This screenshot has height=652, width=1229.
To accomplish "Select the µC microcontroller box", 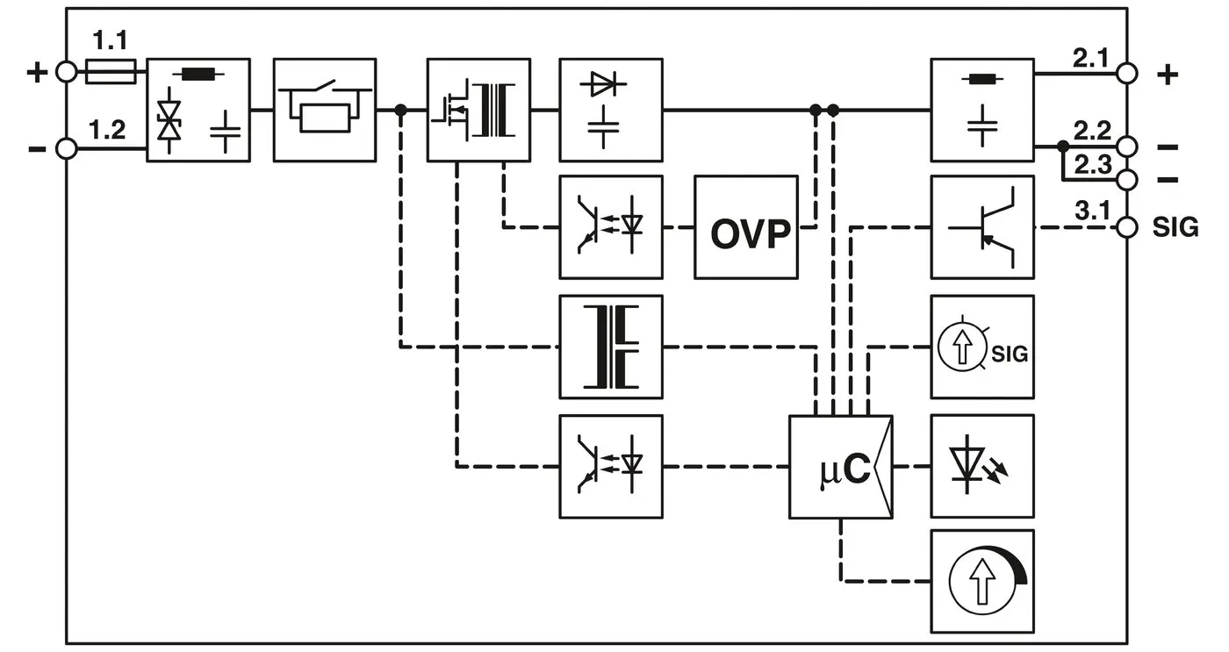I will click(x=840, y=467).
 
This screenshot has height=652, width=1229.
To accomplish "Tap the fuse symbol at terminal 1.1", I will click(x=111, y=72).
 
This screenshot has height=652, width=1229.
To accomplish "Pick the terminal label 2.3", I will click(x=1093, y=164).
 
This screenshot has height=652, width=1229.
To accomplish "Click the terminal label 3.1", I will click(x=1092, y=211).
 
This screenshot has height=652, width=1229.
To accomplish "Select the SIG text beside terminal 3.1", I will click(x=1175, y=227).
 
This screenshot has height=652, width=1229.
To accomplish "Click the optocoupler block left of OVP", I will click(x=611, y=227).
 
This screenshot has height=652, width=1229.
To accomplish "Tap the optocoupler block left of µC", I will click(x=611, y=467).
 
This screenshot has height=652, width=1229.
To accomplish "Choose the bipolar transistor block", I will click(x=982, y=227).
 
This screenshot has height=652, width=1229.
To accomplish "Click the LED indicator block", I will click(x=982, y=467).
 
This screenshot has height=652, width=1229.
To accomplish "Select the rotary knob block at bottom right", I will click(x=982, y=581).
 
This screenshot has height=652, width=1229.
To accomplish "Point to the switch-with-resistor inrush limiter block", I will click(x=325, y=110).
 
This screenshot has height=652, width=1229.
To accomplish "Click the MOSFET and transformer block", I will click(x=478, y=110).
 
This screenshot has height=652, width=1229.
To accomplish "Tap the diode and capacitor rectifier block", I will click(x=611, y=110).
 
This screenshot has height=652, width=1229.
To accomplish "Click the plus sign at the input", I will click(x=36, y=72).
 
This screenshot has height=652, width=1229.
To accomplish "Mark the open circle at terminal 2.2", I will click(x=1127, y=146).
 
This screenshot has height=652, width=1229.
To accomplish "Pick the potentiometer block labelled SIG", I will click(x=982, y=347).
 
